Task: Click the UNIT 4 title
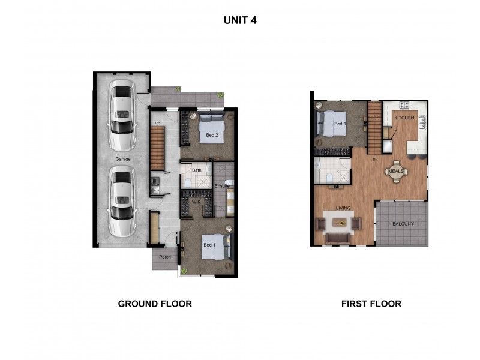pos(240,20)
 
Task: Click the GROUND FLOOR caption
pos(155,304)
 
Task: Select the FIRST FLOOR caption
pos(371,304)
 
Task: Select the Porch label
pos(165,257)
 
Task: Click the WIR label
pos(196,203)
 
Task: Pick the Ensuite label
pos(223,186)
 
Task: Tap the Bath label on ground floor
pos(196,170)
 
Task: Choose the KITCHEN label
pos(404,118)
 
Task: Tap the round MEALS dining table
pos(396,171)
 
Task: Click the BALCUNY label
pos(403,224)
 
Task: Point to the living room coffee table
pos(340,223)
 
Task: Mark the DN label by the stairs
pos(375,160)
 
